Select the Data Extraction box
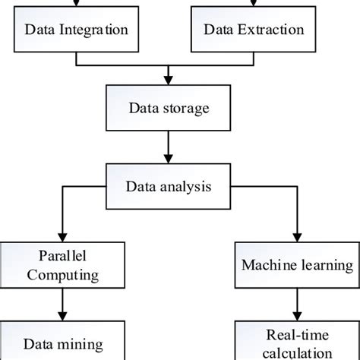click(254, 31)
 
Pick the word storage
click(183, 108)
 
